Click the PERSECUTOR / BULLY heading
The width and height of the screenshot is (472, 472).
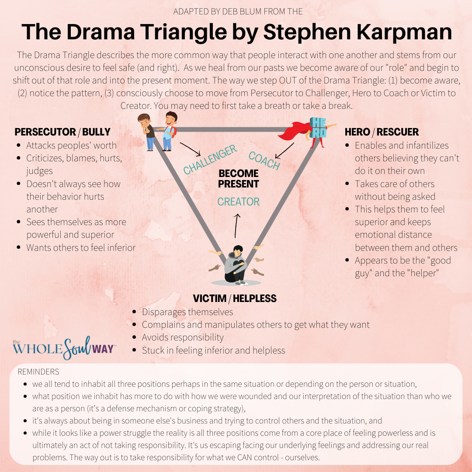62,132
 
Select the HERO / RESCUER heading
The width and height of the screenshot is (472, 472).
382,132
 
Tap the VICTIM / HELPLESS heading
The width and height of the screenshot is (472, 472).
235,298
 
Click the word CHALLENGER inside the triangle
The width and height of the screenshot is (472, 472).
210,160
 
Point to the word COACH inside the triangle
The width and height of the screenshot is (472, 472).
264,160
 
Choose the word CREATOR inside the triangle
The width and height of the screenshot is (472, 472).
239,202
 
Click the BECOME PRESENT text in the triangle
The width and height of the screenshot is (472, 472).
239,179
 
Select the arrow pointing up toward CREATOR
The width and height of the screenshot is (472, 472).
237,225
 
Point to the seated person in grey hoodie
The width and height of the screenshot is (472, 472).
236,264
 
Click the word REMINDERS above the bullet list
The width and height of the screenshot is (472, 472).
38,372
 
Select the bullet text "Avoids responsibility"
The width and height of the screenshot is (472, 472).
182,337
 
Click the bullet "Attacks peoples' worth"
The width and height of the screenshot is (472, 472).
71,146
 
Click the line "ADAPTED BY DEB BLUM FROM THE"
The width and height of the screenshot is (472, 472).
238,11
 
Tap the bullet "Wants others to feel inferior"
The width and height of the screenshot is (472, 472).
81,247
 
